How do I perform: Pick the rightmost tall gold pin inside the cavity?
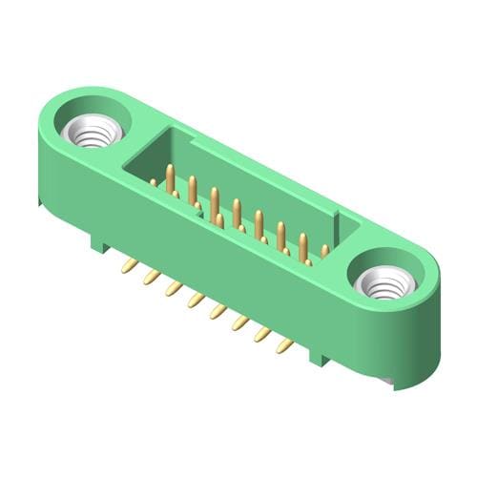click(303, 247)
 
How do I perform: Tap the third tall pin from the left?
click(215, 201)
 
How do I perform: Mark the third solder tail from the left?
click(173, 288)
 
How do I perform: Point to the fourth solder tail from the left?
click(196, 300)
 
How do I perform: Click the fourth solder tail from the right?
click(218, 311)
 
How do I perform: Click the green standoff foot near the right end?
click(320, 358)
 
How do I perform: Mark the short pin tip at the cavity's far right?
click(324, 251)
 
